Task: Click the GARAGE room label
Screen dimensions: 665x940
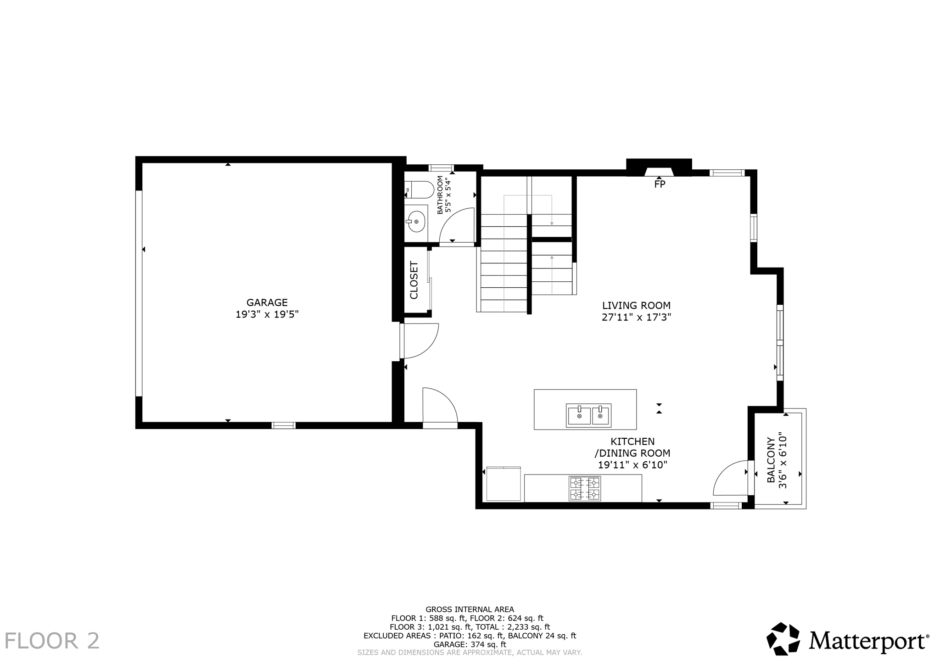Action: tap(267, 302)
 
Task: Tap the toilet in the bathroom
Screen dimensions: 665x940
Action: tap(420, 189)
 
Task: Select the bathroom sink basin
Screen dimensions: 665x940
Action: tap(416, 222)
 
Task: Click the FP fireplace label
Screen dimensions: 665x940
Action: tap(660, 184)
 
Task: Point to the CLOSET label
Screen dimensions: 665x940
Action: tap(414, 280)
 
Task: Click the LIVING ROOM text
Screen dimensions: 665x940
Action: tap(636, 306)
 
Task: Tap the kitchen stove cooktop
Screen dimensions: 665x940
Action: tap(585, 488)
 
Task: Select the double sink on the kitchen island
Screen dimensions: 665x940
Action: tap(588, 415)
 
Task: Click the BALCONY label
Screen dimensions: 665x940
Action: tap(771, 460)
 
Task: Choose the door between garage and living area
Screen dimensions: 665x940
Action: tap(419, 341)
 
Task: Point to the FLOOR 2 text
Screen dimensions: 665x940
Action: tap(52, 641)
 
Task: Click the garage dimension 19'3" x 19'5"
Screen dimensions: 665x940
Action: tap(267, 315)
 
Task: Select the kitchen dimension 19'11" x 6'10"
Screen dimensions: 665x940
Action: tap(632, 465)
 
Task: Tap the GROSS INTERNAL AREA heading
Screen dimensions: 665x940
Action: tap(470, 609)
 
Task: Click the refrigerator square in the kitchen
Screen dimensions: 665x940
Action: tap(503, 484)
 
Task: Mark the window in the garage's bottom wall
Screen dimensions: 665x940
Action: tap(284, 425)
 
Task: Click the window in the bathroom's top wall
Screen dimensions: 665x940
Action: tap(441, 168)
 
